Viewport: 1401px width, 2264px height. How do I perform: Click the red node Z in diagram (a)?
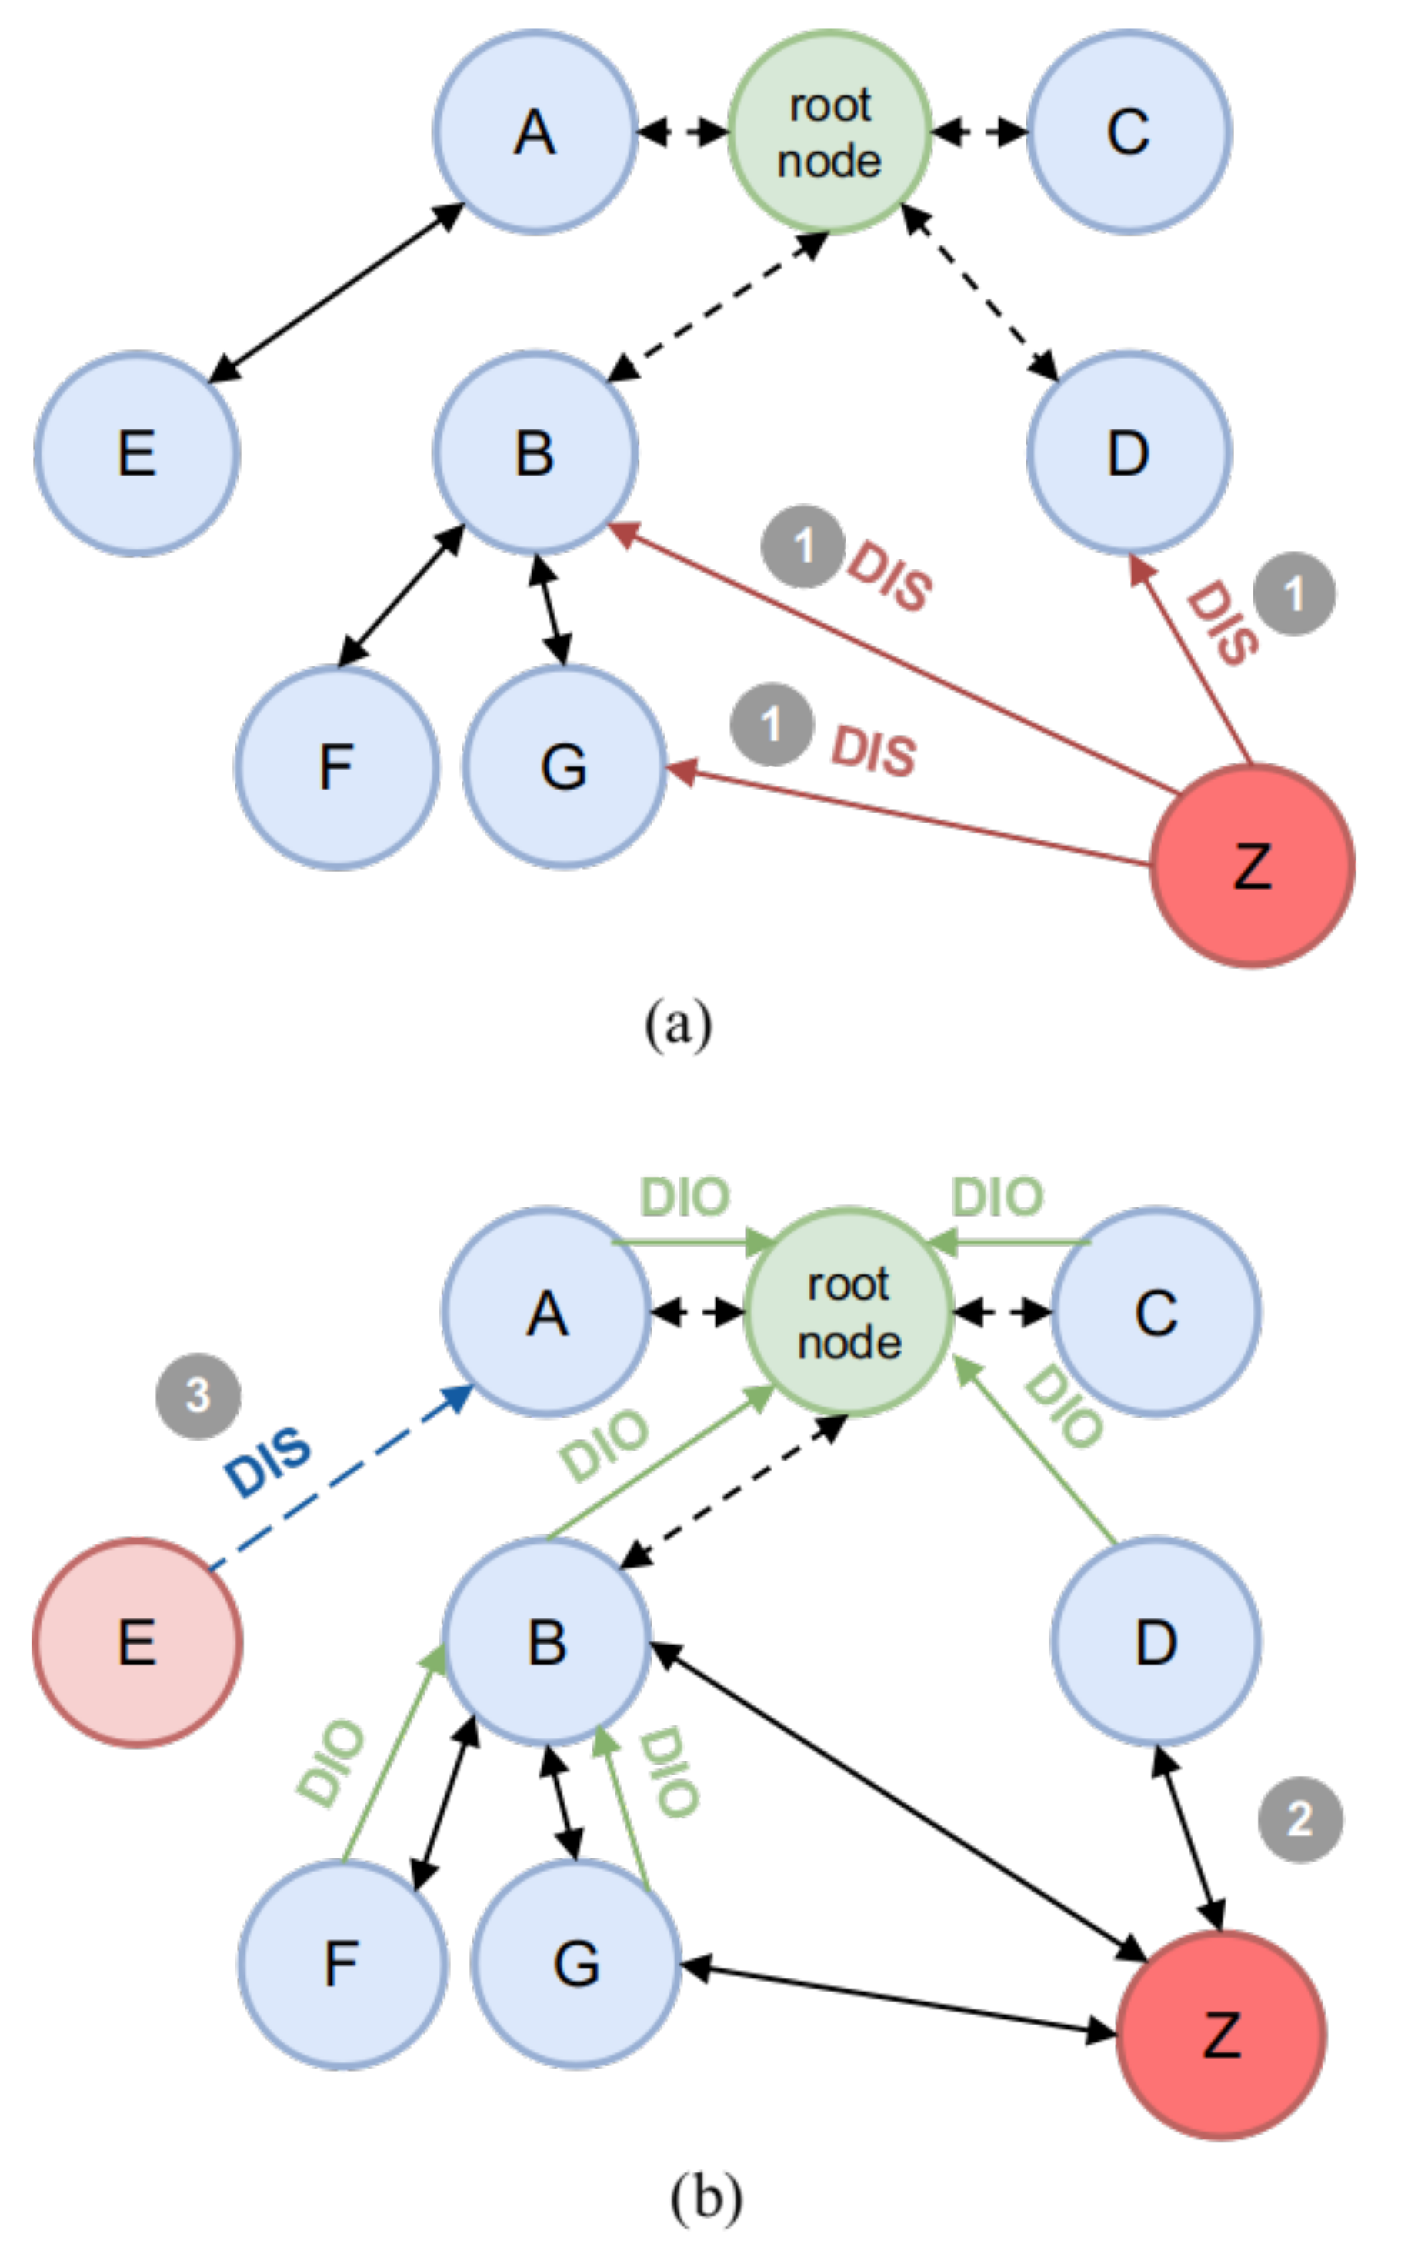[1252, 867]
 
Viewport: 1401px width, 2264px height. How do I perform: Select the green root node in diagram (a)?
[829, 132]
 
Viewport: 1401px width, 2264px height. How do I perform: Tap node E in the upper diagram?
[136, 454]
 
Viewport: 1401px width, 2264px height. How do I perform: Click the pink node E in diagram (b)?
[137, 1643]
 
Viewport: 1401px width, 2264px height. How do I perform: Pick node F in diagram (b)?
[342, 1964]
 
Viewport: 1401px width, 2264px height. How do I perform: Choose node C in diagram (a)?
[1128, 132]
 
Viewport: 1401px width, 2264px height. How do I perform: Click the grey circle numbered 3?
[198, 1396]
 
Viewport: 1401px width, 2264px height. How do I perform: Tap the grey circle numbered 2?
[1299, 1819]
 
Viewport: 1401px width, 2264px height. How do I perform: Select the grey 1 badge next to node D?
[1294, 594]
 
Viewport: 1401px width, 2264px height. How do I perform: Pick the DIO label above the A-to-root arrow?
[685, 1197]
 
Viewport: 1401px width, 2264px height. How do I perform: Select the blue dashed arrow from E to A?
[343, 1478]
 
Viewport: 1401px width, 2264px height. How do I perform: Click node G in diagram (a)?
[564, 767]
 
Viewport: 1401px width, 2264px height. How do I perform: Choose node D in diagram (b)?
[1156, 1643]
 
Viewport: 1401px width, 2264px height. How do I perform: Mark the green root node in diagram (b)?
[849, 1313]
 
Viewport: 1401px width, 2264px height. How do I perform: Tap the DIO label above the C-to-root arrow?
[997, 1197]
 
